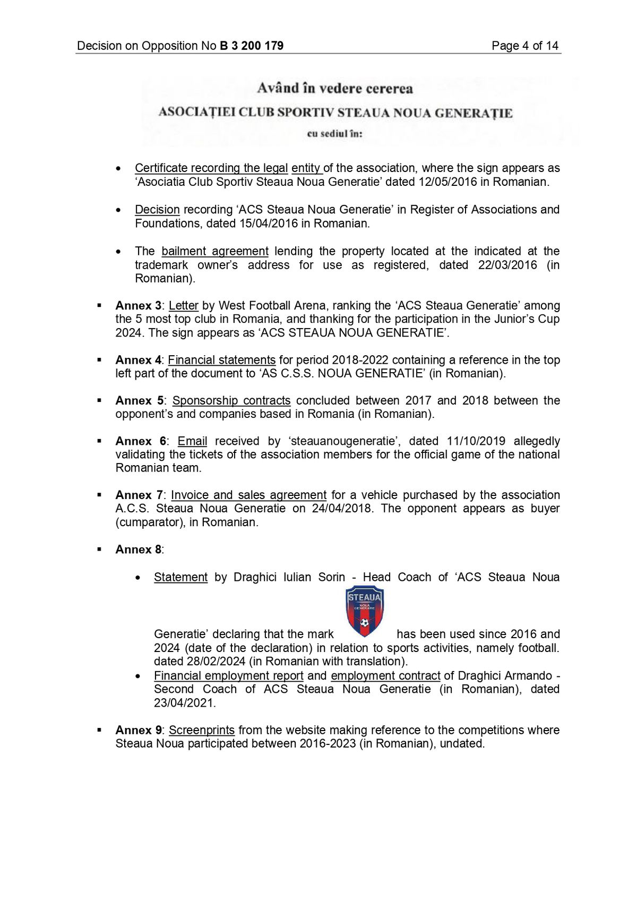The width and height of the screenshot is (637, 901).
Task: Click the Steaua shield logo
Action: [x=365, y=611]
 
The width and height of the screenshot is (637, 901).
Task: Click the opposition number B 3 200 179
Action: [x=252, y=46]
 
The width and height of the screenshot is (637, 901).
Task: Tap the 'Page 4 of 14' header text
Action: [x=524, y=46]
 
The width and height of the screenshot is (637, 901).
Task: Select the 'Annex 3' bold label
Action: [x=138, y=306]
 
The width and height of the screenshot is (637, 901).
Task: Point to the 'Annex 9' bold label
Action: [x=138, y=730]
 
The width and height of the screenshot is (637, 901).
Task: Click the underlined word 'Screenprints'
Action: [x=202, y=730]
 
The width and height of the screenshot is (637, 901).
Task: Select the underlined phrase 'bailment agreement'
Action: [x=215, y=251]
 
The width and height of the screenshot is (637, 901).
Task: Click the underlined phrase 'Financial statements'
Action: [x=222, y=360]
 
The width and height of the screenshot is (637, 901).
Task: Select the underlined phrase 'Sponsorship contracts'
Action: [x=231, y=400]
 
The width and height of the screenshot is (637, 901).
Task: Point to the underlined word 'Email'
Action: [x=192, y=441]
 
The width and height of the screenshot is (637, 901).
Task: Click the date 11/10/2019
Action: [x=476, y=441]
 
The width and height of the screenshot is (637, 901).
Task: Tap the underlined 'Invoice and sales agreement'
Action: [x=248, y=495]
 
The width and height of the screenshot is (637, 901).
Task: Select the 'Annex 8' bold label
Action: [x=138, y=550]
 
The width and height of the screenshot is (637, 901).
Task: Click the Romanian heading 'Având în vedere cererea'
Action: [x=335, y=88]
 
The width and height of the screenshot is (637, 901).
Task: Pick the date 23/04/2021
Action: [x=184, y=703]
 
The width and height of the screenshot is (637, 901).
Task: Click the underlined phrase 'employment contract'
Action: [x=385, y=676]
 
